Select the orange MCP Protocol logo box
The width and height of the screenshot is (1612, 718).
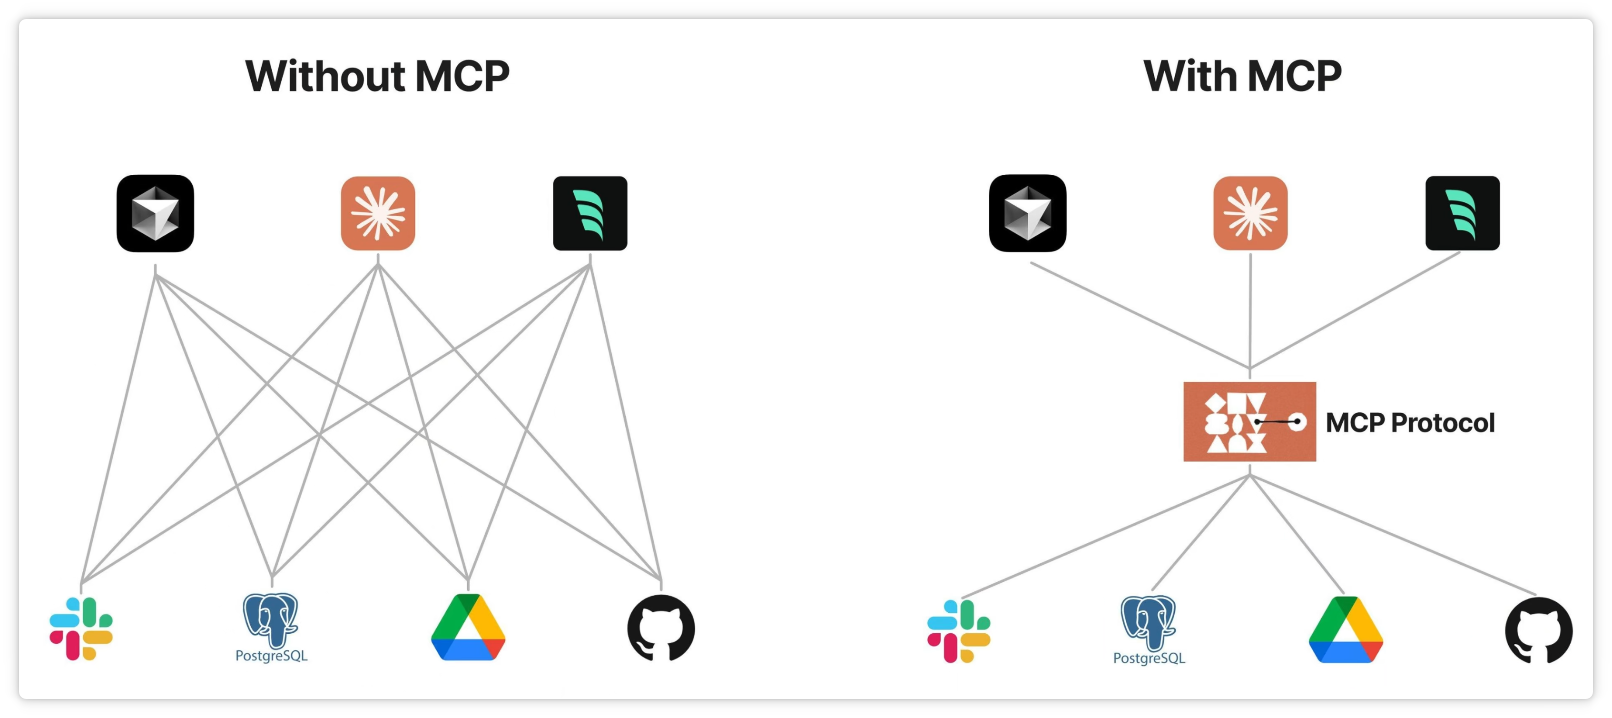[x=1249, y=421]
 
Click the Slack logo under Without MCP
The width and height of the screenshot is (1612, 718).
[x=81, y=628]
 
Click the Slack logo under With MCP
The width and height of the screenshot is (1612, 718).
[x=959, y=631]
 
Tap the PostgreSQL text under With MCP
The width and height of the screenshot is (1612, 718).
[x=1149, y=658]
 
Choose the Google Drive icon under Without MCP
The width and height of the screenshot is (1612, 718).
[x=468, y=627]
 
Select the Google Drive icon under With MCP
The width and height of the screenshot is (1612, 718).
[x=1346, y=630]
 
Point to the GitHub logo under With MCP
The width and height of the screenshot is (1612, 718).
[x=1538, y=630]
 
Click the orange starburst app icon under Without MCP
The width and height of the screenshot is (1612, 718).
[x=378, y=213]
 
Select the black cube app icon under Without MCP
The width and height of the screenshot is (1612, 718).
[x=155, y=213]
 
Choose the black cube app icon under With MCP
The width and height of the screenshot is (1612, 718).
[x=1028, y=213]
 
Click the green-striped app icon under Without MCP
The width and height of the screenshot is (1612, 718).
[x=590, y=213]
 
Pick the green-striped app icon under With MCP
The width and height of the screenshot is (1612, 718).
[x=1463, y=213]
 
